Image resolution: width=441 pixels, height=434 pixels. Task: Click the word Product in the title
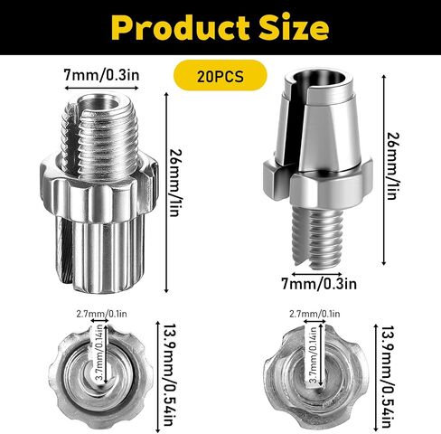182,27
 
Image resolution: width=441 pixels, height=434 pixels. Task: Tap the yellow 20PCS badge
220,75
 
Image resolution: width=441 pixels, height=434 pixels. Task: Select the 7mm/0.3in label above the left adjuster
101,75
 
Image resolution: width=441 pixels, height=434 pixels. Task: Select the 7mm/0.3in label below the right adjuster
319,284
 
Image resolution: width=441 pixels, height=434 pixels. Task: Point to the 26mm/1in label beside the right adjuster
393,166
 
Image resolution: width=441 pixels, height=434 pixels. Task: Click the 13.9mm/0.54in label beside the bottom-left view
170,375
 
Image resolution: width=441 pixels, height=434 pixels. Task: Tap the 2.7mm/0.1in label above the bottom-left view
101,314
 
